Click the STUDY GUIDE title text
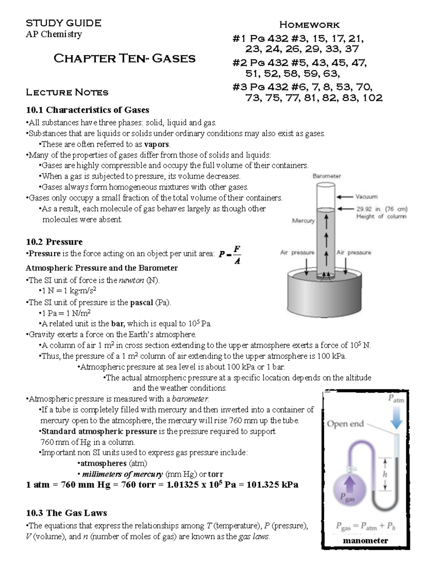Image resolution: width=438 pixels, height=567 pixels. [64, 23]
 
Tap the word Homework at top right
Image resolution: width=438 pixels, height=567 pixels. [309, 25]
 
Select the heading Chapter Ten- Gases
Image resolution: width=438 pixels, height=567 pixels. [124, 58]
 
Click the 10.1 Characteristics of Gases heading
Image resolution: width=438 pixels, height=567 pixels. [88, 110]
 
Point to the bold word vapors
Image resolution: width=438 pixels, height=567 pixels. [157, 144]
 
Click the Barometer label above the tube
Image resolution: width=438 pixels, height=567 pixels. [327, 176]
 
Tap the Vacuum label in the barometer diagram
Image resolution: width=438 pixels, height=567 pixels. [366, 197]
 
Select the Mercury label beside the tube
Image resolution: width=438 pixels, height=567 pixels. [303, 221]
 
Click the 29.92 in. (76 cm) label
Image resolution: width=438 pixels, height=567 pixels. [382, 209]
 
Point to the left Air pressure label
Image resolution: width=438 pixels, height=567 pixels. [297, 252]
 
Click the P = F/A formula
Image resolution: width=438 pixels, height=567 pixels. [230, 255]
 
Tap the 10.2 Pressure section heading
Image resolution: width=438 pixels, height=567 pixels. [54, 242]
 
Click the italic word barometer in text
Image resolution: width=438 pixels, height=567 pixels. [190, 399]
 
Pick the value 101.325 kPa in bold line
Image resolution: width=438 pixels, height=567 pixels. [272, 485]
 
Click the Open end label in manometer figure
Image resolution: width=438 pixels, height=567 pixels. [345, 424]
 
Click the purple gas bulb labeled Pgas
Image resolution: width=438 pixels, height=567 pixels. [350, 489]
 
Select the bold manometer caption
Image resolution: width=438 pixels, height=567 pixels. [365, 540]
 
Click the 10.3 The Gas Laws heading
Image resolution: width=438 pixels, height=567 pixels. [66, 513]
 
